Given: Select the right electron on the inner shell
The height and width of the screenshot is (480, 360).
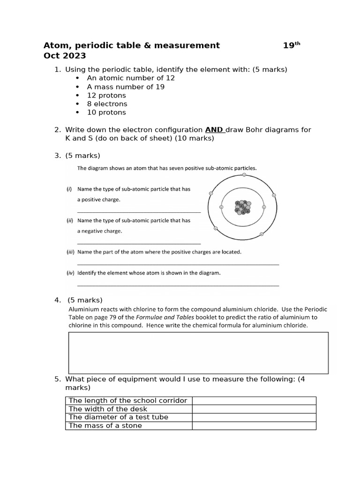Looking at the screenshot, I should point(263,207).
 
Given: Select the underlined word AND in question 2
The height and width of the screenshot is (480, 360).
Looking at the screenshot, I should point(214,130).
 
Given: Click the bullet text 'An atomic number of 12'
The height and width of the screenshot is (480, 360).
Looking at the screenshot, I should point(130,78).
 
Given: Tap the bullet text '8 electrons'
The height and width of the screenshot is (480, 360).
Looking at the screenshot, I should point(107,104).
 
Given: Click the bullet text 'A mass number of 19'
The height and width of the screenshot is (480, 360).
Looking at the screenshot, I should point(126,87).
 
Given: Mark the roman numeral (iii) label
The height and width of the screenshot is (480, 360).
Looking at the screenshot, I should point(70,252).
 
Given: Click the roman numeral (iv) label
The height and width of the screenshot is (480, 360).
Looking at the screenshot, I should point(70,272).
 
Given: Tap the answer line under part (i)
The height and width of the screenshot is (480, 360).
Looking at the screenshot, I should point(139,212).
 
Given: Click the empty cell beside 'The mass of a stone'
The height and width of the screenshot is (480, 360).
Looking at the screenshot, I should point(254,426).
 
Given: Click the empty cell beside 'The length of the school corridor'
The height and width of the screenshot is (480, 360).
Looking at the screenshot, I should point(254,400).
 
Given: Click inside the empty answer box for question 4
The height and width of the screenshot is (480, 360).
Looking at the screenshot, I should point(199,352).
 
